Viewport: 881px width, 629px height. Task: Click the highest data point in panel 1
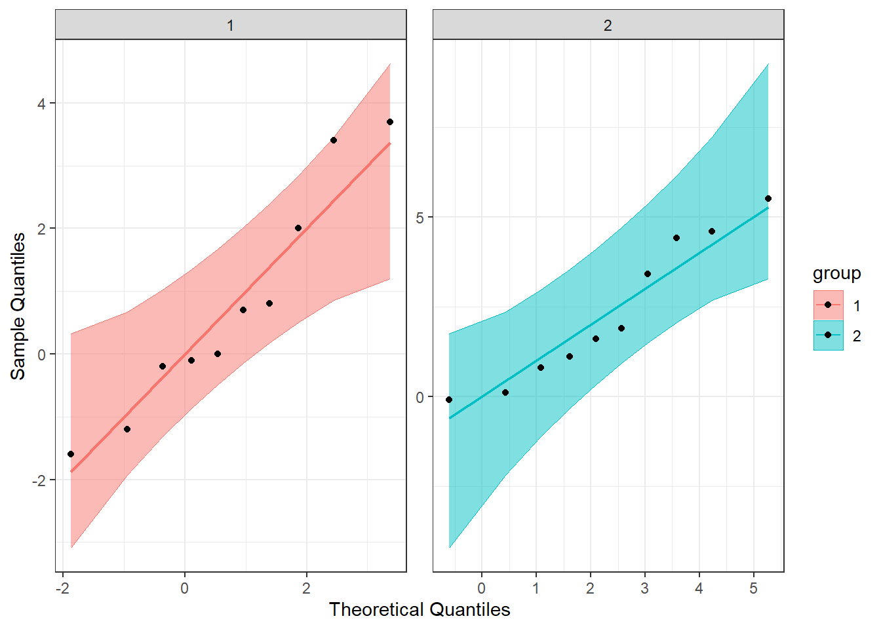pyautogui.click(x=390, y=122)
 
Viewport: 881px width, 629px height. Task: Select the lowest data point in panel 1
pyautogui.click(x=71, y=454)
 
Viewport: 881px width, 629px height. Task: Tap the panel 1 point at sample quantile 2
pyautogui.click(x=298, y=228)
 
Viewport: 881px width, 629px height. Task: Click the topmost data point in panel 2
pyautogui.click(x=768, y=199)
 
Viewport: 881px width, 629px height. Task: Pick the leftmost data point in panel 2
pyautogui.click(x=449, y=400)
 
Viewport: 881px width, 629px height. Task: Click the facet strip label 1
pyautogui.click(x=230, y=26)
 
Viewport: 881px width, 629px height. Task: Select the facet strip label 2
pyautogui.click(x=608, y=26)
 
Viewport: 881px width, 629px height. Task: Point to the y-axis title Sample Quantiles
pyautogui.click(x=18, y=306)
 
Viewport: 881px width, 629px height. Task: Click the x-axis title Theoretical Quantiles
pyautogui.click(x=420, y=610)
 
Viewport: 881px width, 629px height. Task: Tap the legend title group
pyautogui.click(x=836, y=273)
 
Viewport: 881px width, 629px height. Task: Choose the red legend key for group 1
pyautogui.click(x=829, y=305)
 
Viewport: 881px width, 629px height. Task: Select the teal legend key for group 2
pyautogui.click(x=829, y=335)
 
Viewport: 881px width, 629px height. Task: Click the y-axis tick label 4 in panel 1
pyautogui.click(x=42, y=104)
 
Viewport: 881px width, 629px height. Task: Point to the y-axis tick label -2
pyautogui.click(x=39, y=480)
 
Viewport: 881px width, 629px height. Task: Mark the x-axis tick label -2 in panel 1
pyautogui.click(x=62, y=588)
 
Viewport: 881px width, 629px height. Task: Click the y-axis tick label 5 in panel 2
pyautogui.click(x=420, y=218)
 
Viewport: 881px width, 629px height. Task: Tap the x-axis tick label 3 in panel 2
pyautogui.click(x=645, y=588)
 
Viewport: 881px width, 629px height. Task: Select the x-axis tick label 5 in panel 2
pyautogui.click(x=754, y=588)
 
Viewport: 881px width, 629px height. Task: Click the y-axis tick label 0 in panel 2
pyautogui.click(x=420, y=398)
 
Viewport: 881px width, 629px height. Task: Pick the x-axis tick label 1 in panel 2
pyautogui.click(x=536, y=588)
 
